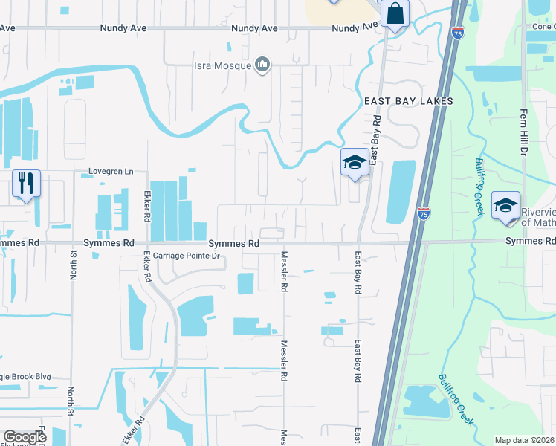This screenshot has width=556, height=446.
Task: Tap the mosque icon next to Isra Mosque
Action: pos(262,65)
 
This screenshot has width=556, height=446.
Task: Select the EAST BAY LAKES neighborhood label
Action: pos(408,100)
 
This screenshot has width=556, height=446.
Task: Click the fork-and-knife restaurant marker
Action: pos(26,183)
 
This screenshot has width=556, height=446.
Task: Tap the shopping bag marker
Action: pos(394,13)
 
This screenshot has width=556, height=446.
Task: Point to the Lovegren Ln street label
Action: pos(110,172)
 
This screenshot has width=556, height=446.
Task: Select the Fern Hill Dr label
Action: pos(523,135)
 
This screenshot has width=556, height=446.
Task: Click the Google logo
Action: pos(25,437)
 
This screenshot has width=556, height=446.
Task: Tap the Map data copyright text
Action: pos(524,440)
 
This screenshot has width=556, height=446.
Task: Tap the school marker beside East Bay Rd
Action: pos(355,162)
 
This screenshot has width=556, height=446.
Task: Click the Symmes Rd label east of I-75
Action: pos(530,242)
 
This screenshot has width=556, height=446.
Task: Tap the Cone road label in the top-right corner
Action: pos(542,26)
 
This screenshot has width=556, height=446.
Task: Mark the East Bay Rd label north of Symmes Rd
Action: pos(376,139)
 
